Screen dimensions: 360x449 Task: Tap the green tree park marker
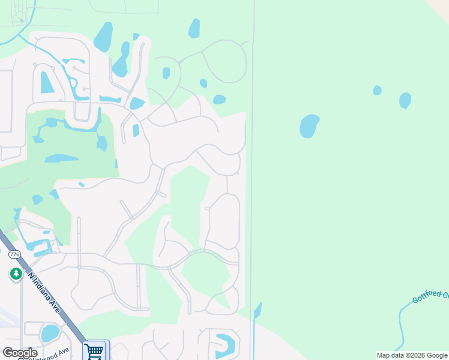pos(16,274)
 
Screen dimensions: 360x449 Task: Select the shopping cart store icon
pos(95,351)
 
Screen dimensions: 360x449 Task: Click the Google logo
pos(20,353)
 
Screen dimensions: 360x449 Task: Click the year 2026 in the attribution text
pos(411,355)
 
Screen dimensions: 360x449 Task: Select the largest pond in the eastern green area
pos(309,126)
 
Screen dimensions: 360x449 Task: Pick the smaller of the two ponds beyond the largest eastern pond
pos(377,90)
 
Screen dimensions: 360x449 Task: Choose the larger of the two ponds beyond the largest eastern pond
pos(405,100)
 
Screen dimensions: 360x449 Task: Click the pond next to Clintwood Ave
pos(50,332)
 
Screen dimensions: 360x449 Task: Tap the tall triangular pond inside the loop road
pos(46,83)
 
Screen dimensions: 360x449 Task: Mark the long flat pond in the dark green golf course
pos(61,158)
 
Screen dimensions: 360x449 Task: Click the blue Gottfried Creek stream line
pos(401,324)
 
